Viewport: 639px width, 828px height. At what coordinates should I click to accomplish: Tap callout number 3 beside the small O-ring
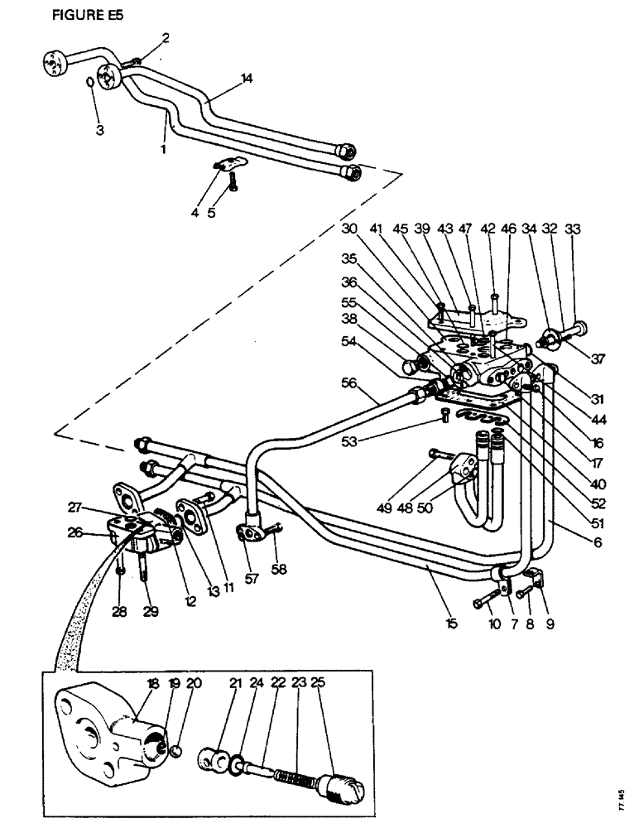pos(98,130)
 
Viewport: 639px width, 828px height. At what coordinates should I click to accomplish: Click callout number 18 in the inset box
pos(152,683)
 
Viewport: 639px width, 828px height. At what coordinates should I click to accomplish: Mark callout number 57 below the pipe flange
pos(252,578)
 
